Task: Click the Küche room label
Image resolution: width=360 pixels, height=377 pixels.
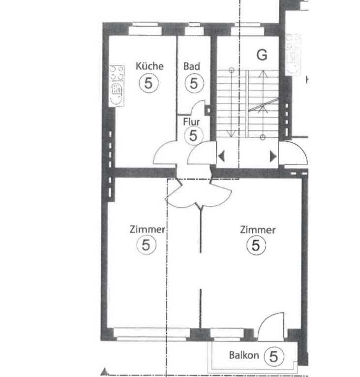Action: pyautogui.click(x=150, y=66)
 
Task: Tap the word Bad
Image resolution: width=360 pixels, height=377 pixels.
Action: pyautogui.click(x=191, y=66)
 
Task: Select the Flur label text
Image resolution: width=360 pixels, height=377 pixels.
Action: pyautogui.click(x=191, y=122)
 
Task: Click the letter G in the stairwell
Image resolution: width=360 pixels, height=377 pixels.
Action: pyautogui.click(x=262, y=55)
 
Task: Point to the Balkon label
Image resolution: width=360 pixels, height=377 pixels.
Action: pyautogui.click(x=244, y=355)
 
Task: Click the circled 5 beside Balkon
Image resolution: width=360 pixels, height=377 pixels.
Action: pyautogui.click(x=274, y=356)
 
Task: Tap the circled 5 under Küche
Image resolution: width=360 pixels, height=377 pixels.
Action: pyautogui.click(x=149, y=83)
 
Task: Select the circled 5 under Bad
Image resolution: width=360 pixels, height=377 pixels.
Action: pyautogui.click(x=194, y=83)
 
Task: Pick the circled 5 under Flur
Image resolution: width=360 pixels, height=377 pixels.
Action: pyautogui.click(x=193, y=136)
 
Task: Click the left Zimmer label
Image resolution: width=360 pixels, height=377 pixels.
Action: pyautogui.click(x=148, y=229)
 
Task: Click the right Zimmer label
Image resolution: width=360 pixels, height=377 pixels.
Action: pyautogui.click(x=258, y=230)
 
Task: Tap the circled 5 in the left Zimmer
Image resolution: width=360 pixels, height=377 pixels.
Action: pyautogui.click(x=146, y=245)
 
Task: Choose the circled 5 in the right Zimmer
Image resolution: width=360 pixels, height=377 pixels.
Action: pyautogui.click(x=256, y=245)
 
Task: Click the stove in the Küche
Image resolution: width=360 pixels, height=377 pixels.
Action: pyautogui.click(x=117, y=86)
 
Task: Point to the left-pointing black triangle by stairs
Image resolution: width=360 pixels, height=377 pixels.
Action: pyautogui.click(x=221, y=156)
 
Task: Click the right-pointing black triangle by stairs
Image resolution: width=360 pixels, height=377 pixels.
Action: pyautogui.click(x=273, y=157)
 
